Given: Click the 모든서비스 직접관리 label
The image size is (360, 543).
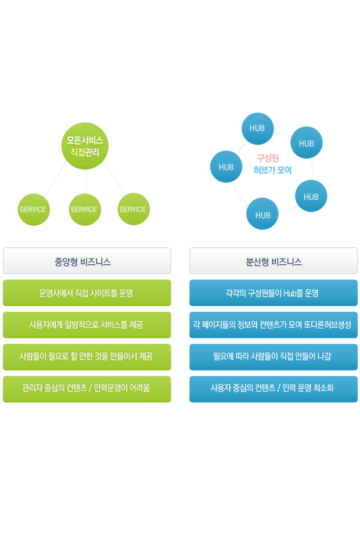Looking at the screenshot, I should pos(85,146).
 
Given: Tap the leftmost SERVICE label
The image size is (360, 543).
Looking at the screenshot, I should pos(33,210).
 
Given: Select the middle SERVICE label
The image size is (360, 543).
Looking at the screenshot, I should pos(84,210).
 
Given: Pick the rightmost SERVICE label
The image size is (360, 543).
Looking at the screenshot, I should pos(132,210).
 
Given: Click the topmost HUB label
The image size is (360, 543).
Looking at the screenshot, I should pos(257,128).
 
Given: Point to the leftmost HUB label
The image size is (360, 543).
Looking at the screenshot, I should pos(226,167).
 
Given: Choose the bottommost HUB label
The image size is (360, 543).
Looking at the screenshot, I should pos(262,215).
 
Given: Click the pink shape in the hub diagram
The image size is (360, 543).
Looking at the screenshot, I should pos(265,154).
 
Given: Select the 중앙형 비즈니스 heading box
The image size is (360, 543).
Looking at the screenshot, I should pos(87,261).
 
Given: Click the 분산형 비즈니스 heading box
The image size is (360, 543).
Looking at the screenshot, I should pos(273,261).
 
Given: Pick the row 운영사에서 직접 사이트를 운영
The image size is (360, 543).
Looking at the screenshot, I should pos(87,293).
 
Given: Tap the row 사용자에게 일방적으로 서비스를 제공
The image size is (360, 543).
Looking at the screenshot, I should pos(87,325).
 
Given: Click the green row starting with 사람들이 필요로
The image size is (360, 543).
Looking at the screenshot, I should pos(87,356).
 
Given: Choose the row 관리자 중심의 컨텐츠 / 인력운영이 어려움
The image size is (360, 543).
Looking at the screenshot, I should pos(87,387).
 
